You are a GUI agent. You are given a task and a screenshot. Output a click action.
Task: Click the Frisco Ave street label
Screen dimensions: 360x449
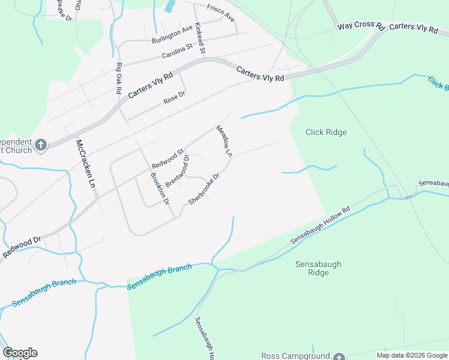(x=220, y=13)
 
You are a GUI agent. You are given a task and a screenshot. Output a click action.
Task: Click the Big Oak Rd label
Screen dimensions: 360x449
(x=119, y=78)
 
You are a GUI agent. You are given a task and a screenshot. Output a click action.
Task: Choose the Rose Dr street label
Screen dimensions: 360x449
(x=175, y=98)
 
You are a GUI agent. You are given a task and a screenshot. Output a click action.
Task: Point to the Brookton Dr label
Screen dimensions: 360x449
(x=160, y=188)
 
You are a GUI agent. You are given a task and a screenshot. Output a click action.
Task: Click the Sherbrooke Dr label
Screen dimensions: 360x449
(x=205, y=189)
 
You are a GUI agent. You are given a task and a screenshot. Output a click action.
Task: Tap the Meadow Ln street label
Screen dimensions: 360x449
(x=224, y=141)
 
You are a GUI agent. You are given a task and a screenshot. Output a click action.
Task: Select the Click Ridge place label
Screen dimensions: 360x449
(x=326, y=132)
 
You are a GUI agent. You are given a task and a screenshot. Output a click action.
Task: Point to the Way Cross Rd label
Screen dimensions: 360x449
(x=360, y=26)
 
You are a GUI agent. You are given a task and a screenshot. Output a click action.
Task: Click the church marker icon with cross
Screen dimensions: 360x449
(x=40, y=145)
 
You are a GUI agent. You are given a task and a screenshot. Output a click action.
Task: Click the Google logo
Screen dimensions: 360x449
(x=20, y=353)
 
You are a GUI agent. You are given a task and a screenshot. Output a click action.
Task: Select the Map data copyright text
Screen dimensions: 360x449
(x=412, y=355)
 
